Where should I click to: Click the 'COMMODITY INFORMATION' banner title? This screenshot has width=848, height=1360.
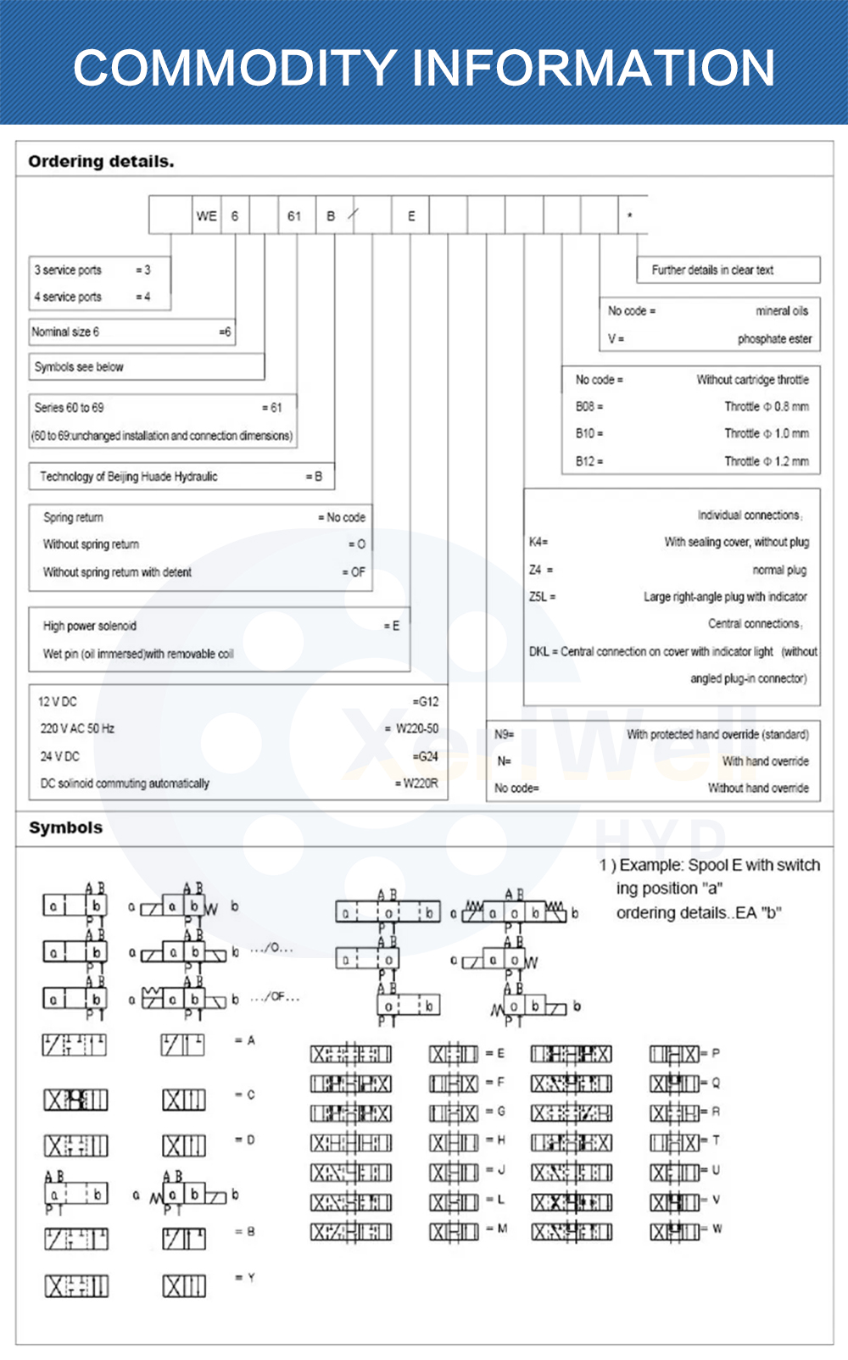coord(424,68)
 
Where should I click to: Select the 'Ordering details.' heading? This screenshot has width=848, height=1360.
coord(101,161)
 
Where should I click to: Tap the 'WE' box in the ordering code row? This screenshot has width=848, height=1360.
coord(207,216)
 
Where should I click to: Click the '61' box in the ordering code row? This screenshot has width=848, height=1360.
coord(294,216)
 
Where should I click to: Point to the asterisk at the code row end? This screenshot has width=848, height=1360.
coord(629,216)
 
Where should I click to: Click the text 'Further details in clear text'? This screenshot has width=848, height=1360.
coord(712,270)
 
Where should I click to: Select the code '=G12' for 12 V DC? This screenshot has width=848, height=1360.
coord(426,702)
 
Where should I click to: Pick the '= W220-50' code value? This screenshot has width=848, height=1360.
coord(412,728)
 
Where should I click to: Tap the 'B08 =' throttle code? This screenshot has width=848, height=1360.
coord(589,406)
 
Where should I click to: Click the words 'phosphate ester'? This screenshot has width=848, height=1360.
coord(774,338)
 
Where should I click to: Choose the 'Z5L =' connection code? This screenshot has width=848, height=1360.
coord(542,597)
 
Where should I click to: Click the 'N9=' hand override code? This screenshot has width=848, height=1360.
coord(505,734)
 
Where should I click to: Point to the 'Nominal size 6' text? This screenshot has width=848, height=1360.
coord(65,332)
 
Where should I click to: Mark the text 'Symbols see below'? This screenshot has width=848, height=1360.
coord(79,367)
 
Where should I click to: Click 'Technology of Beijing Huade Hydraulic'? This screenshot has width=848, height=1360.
coord(128,477)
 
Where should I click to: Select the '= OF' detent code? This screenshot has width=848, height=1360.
coord(354,572)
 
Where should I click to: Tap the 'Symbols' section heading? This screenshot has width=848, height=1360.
coord(65,828)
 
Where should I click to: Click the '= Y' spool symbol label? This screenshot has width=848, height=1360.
coord(245,1277)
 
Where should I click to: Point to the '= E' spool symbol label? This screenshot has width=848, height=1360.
coord(496,1053)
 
